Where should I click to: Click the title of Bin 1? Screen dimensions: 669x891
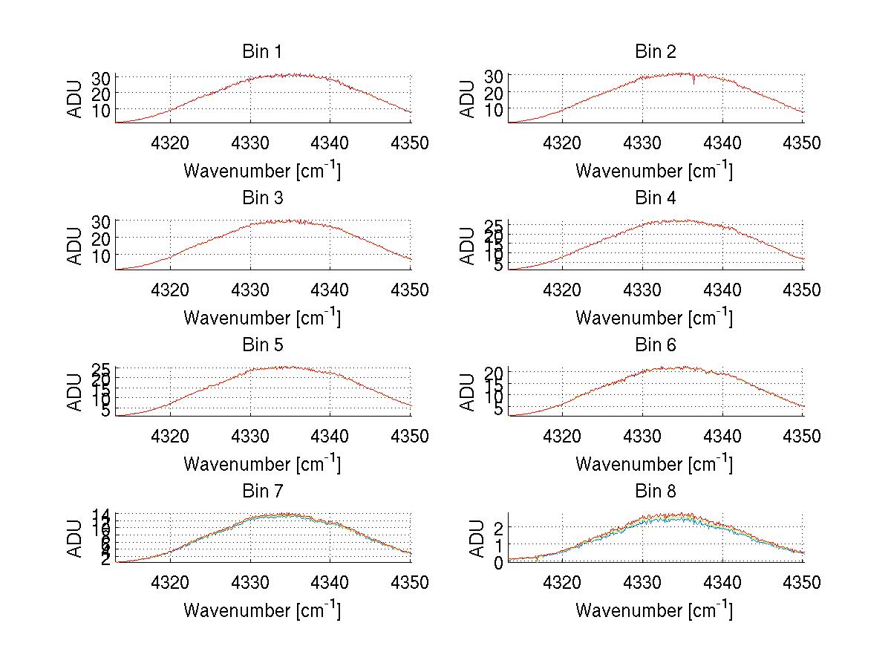[x=262, y=51]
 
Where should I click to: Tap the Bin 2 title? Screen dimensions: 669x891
[x=655, y=51]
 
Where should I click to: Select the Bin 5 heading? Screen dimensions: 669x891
[x=262, y=345]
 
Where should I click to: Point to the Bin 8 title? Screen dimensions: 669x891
[x=655, y=491]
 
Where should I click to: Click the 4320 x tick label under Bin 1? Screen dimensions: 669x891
[x=171, y=143]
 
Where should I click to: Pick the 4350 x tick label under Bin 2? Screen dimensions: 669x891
[x=803, y=143]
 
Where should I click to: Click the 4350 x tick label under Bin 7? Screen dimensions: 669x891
[x=411, y=583]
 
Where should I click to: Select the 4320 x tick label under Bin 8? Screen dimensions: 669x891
[x=563, y=583]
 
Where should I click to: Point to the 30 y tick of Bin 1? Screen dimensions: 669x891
[x=102, y=78]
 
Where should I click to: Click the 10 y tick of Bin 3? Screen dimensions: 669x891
[x=102, y=255]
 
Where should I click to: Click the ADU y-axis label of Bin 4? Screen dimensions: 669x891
[x=467, y=245]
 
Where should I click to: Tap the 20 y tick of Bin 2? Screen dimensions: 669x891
[x=494, y=92]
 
